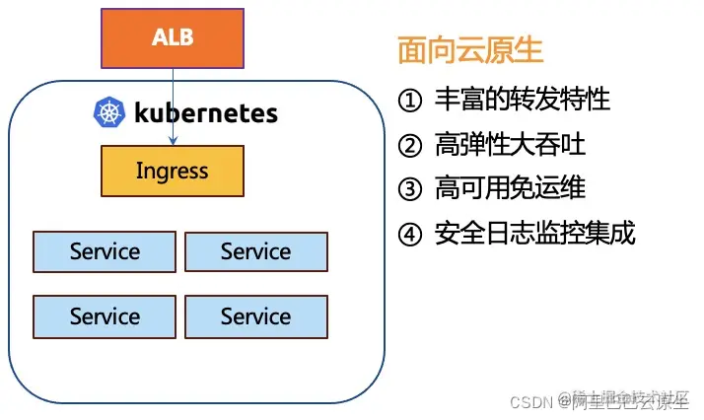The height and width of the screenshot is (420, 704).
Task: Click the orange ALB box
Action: point(173,38)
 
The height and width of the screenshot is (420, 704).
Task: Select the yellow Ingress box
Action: point(172,172)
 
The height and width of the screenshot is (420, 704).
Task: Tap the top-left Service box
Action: point(105,252)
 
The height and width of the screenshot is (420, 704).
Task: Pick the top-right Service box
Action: point(255,252)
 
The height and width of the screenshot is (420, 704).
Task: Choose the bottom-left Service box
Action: point(105,316)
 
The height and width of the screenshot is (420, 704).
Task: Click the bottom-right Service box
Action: point(255,316)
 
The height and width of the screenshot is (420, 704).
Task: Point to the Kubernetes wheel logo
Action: point(108,112)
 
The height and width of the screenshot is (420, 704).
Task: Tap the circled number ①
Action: point(409,100)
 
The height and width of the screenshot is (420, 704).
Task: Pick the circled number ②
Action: point(409,146)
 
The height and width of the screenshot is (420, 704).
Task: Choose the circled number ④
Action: point(409,234)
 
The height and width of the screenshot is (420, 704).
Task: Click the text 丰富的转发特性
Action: point(523,100)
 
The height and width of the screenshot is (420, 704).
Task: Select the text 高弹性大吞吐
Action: point(510,146)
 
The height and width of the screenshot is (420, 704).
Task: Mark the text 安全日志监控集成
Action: point(534,234)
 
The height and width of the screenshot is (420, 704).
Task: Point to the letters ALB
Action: point(172,38)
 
